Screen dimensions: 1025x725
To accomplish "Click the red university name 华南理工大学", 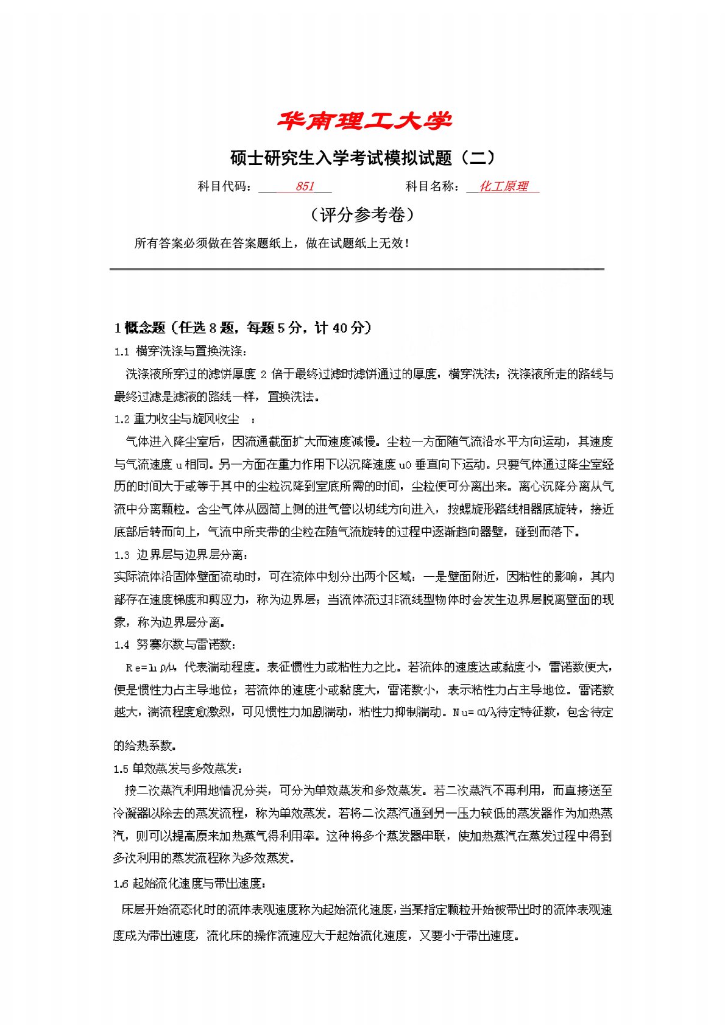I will click(364, 121).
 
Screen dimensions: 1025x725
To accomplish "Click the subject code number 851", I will click(304, 186).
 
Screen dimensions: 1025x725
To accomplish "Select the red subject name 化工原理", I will click(503, 186).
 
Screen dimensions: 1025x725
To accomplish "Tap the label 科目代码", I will click(224, 186).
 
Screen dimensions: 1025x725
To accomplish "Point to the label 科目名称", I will click(433, 186).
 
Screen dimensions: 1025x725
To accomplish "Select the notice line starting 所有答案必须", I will click(272, 243).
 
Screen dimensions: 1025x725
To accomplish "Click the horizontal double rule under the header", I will click(356, 269).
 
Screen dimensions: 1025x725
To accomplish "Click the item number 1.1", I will click(121, 351).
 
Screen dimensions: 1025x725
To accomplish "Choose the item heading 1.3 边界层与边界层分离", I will click(182, 555).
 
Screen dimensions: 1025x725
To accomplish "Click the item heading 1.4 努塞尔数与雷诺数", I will click(175, 644).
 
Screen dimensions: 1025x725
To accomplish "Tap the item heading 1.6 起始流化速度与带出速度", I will click(189, 883).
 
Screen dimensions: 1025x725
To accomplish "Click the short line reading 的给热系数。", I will click(144, 745).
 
